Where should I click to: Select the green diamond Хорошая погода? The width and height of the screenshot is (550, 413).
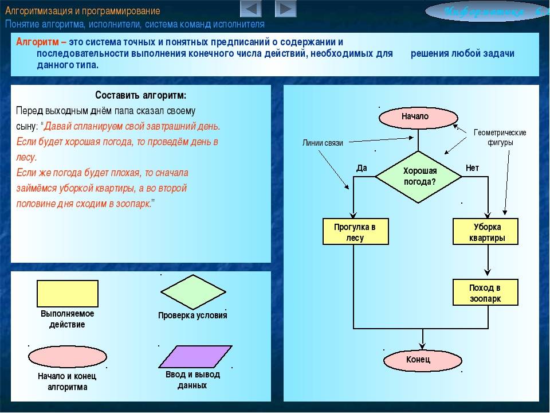(419, 176)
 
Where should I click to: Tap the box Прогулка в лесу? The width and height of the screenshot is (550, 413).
(355, 232)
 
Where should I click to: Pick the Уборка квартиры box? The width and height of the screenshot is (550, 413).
(486, 232)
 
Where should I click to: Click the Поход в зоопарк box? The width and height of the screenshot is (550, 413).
(486, 293)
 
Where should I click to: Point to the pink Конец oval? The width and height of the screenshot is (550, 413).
(418, 360)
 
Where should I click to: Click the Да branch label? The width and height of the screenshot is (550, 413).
(362, 168)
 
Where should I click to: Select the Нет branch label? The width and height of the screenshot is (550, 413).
(472, 168)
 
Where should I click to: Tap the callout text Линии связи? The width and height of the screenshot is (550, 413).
(323, 143)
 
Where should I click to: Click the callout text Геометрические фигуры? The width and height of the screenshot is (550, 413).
(500, 137)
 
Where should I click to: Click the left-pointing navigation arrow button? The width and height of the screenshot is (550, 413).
(250, 9)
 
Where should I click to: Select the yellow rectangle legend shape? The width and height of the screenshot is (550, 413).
(68, 293)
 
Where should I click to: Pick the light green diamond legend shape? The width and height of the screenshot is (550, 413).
(193, 291)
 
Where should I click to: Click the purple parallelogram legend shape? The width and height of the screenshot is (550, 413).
(195, 356)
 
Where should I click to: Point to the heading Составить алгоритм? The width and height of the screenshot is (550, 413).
(141, 95)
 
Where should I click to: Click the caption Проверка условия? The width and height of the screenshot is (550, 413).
(192, 315)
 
